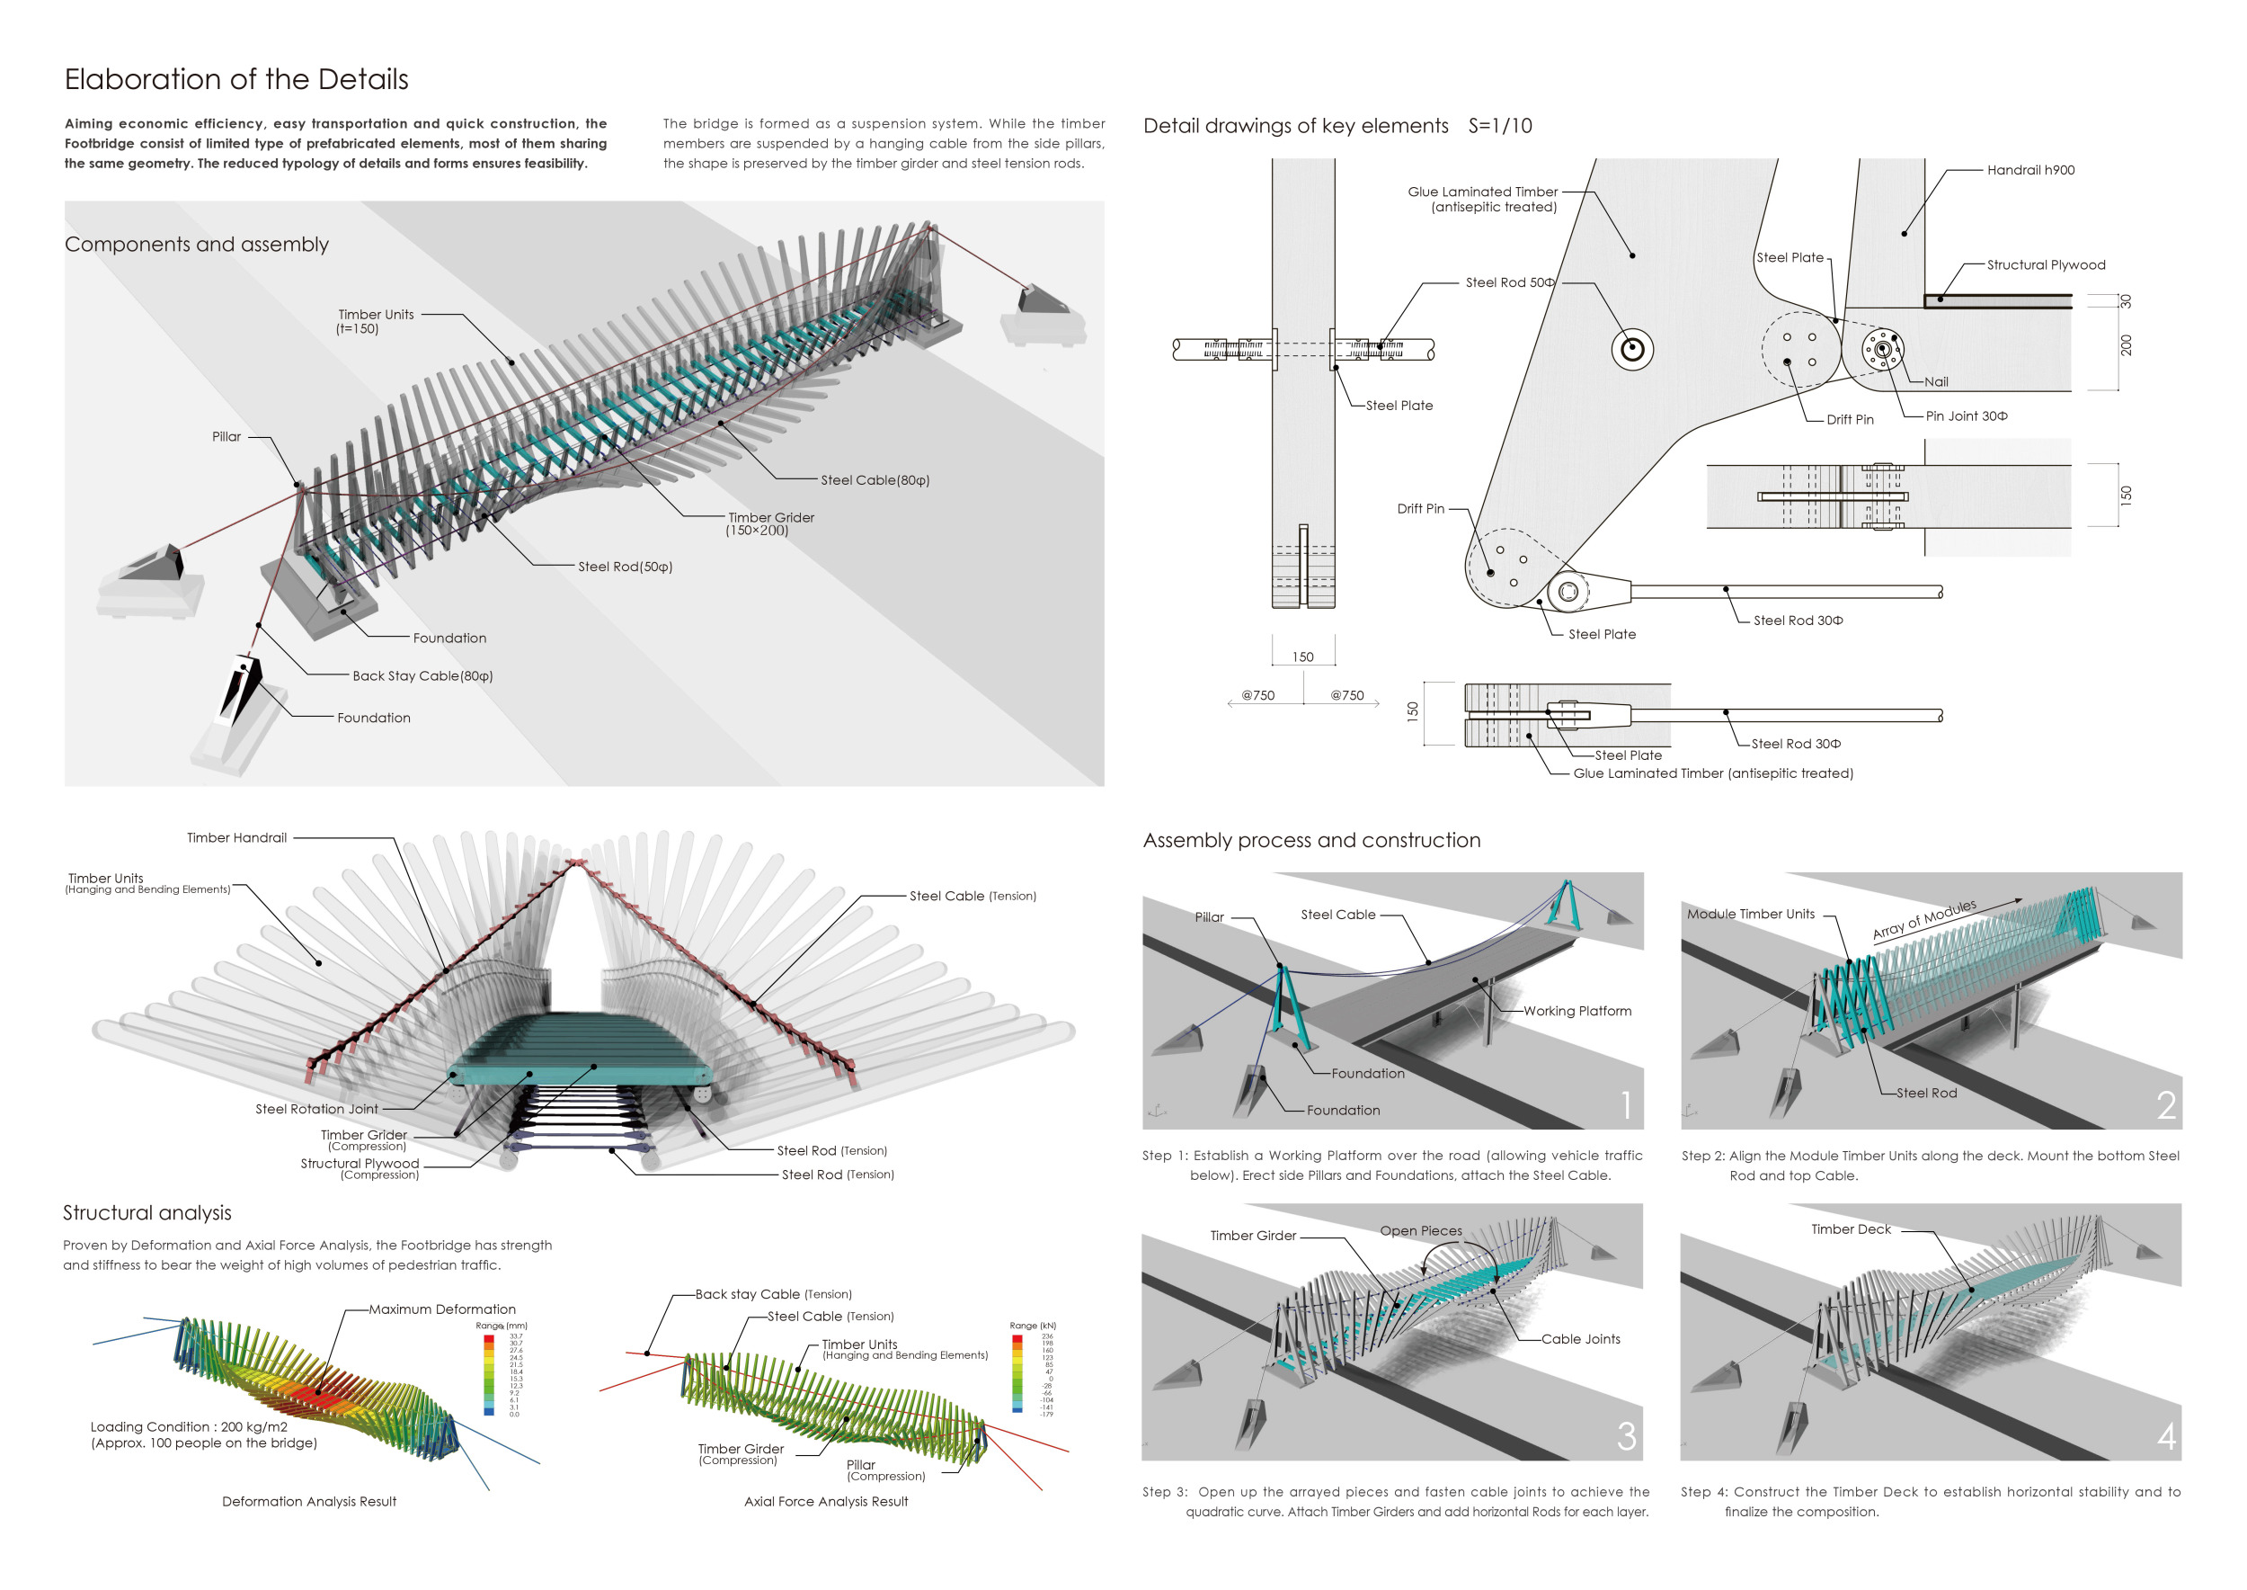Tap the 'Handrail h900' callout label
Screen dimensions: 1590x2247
coord(2029,170)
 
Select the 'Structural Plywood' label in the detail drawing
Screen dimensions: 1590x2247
coord(2046,265)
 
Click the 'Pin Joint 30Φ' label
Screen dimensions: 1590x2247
coord(1967,416)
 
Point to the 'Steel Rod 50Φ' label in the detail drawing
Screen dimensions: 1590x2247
coord(1509,283)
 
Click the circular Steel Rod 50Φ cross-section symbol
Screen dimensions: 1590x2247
coord(1631,350)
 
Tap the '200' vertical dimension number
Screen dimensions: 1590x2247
coord(2126,344)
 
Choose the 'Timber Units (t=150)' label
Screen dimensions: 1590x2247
coord(376,321)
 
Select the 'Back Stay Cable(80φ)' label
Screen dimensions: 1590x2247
coord(422,676)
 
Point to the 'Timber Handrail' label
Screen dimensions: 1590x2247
coord(237,838)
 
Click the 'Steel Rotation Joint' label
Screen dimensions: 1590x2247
coord(316,1109)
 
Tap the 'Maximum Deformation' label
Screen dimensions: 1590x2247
coord(441,1310)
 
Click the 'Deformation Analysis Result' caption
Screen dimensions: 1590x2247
coord(309,1502)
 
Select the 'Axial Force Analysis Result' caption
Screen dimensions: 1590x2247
coord(826,1502)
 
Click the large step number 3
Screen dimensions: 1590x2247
coord(1626,1436)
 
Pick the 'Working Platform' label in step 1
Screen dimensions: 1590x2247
coord(1576,1012)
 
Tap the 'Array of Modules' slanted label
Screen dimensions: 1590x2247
coord(1924,919)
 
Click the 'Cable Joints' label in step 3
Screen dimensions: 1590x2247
coord(1580,1339)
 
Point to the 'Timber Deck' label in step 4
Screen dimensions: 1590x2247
coord(1851,1229)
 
